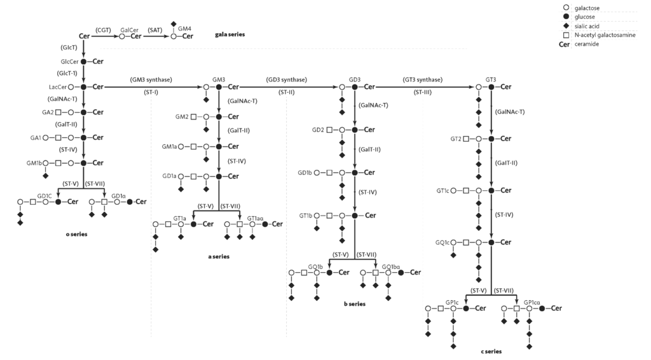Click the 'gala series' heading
pyautogui.click(x=230, y=34)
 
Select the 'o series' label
pyautogui.click(x=76, y=234)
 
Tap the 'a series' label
pyautogui.click(x=219, y=256)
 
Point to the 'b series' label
pyautogui.click(x=355, y=304)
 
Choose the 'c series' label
pyautogui.click(x=491, y=351)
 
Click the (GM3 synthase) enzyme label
pyautogui.click(x=151, y=80)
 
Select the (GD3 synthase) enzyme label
pyautogui.click(x=287, y=80)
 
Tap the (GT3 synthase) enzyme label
pyautogui.click(x=423, y=80)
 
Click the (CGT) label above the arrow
pyautogui.click(x=104, y=29)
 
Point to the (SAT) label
pyautogui.click(x=155, y=29)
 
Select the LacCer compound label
pyautogui.click(x=57, y=87)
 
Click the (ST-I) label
pyautogui.click(x=151, y=93)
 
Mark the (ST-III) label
pyautogui.click(x=423, y=93)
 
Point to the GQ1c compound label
pyautogui.click(x=442, y=242)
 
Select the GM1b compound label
pyautogui.click(x=34, y=163)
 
